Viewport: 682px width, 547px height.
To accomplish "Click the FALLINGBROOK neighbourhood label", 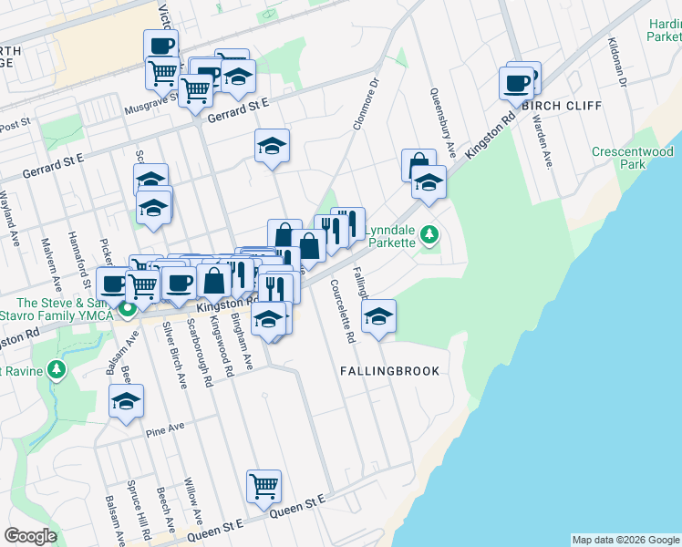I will point(402,372).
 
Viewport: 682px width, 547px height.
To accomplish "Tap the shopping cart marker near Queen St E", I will point(263,487).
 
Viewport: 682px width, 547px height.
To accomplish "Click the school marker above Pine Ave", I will point(126,401).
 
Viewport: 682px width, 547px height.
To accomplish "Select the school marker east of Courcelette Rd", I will point(378,316).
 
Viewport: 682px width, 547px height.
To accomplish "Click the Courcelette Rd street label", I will point(343,324).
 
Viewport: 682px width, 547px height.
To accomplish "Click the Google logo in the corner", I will point(30,536).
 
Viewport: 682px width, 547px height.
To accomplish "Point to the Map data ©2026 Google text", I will point(625,540).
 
